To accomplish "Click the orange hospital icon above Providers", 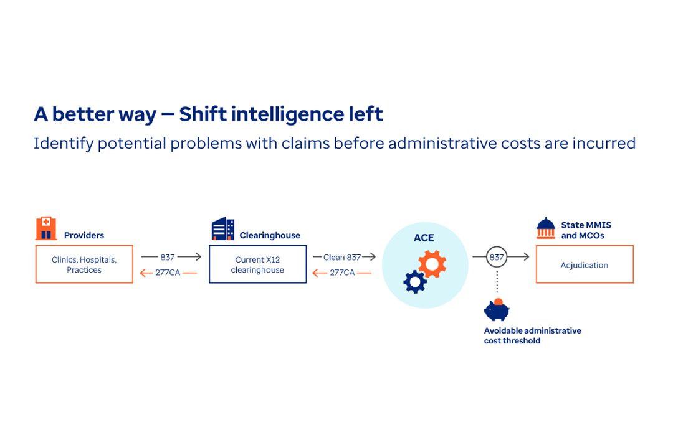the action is (x=46, y=228).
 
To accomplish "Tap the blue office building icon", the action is (x=222, y=228).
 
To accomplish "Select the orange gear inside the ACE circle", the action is (x=432, y=264).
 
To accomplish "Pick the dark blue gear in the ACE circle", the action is (x=415, y=282).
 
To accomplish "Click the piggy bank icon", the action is (x=497, y=309).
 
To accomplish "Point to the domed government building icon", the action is (x=545, y=228).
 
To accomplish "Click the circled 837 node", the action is (x=497, y=257).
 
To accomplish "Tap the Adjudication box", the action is (x=585, y=264).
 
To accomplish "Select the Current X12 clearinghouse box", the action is (x=257, y=264).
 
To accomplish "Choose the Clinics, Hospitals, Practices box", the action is (x=84, y=264).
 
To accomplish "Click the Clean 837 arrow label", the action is (x=342, y=257).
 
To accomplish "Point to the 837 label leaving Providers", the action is (x=168, y=257).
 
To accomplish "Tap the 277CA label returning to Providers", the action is (x=168, y=273).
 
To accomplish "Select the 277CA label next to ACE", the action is (x=342, y=273).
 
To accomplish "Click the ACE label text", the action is (x=424, y=238).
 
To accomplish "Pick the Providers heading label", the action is (x=84, y=235).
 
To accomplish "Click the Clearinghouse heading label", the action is (x=270, y=235).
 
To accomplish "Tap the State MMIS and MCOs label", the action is (x=586, y=230).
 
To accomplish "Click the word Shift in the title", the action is (x=203, y=114).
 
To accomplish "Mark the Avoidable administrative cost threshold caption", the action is (x=532, y=335).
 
